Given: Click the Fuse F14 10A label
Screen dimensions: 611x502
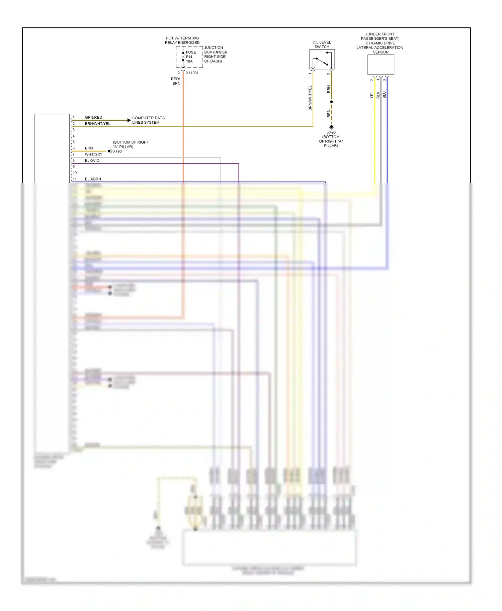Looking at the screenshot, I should click(191, 57).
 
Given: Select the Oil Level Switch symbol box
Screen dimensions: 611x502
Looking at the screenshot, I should click(322, 59).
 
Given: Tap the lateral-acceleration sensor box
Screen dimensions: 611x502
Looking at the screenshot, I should click(381, 65).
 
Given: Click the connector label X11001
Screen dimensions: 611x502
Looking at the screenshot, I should click(192, 73).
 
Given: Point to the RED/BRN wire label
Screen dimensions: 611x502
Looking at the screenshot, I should click(176, 81).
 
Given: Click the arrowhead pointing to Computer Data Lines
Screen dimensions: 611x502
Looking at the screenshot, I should click(129, 120).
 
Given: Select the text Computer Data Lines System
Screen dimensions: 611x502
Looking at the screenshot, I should click(148, 120).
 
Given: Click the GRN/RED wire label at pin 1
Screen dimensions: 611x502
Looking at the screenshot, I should click(93, 117).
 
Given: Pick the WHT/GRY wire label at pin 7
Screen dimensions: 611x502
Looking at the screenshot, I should click(93, 154).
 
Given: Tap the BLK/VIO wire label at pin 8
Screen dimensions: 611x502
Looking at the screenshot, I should click(92, 160).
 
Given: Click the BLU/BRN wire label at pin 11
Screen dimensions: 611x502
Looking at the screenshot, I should click(93, 179).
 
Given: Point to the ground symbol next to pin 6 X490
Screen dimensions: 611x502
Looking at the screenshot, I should click(110, 151).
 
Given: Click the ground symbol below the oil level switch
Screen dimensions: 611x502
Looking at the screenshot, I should click(331, 127).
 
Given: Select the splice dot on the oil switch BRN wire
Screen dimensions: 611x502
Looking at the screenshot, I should click(331, 102).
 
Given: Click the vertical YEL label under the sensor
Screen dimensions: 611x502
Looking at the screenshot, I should click(372, 95).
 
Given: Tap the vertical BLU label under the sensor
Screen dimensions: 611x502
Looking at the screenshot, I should click(384, 95).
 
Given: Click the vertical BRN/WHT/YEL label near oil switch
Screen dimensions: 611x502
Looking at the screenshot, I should click(310, 98).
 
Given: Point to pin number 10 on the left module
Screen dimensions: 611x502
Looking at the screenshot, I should click(75, 173).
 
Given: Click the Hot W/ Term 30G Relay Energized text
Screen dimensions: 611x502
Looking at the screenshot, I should click(182, 40).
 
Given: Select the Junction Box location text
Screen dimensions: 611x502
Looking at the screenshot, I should click(215, 54).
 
